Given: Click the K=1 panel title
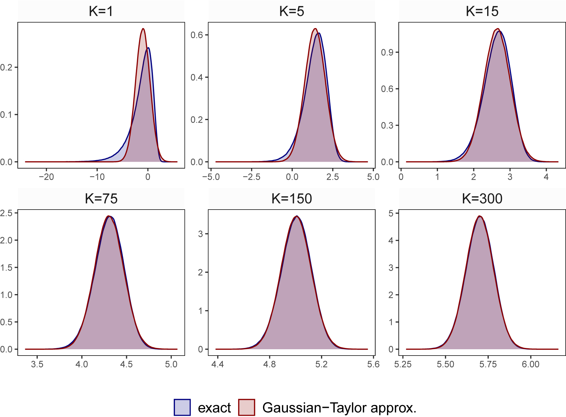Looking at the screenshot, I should pyautogui.click(x=101, y=11).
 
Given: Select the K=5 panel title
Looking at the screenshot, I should pyautogui.click(x=291, y=11).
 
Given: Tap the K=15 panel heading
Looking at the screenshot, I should pyautogui.click(x=482, y=11).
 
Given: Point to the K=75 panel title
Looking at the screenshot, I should pyautogui.click(x=101, y=199).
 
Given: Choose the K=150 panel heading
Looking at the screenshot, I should pyautogui.click(x=291, y=199).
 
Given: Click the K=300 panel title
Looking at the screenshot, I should pyautogui.click(x=482, y=199).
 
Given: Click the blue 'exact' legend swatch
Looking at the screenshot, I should pyautogui.click(x=182, y=407).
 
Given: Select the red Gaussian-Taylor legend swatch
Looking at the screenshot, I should pyautogui.click(x=247, y=407).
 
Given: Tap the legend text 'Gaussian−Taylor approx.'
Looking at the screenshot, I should pyautogui.click(x=339, y=408).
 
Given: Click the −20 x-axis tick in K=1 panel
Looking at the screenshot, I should pyautogui.click(x=46, y=177).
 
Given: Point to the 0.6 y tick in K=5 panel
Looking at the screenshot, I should pyautogui.click(x=197, y=35).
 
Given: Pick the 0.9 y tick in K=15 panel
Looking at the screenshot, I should pyautogui.click(x=387, y=52).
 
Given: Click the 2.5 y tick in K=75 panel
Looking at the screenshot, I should pyautogui.click(x=6, y=213).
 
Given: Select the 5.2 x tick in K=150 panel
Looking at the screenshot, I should pyautogui.click(x=321, y=364).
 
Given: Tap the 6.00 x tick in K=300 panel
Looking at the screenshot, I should pyautogui.click(x=530, y=364).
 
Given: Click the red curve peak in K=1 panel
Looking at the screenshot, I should pyautogui.click(x=143, y=29).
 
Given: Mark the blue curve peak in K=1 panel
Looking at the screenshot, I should pyautogui.click(x=148, y=48).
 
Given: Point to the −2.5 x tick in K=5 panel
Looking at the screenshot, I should pyautogui.click(x=251, y=177).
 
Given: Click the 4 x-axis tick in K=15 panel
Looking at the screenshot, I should pyautogui.click(x=546, y=177).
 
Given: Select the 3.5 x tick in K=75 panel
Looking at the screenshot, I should pyautogui.click(x=37, y=364).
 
